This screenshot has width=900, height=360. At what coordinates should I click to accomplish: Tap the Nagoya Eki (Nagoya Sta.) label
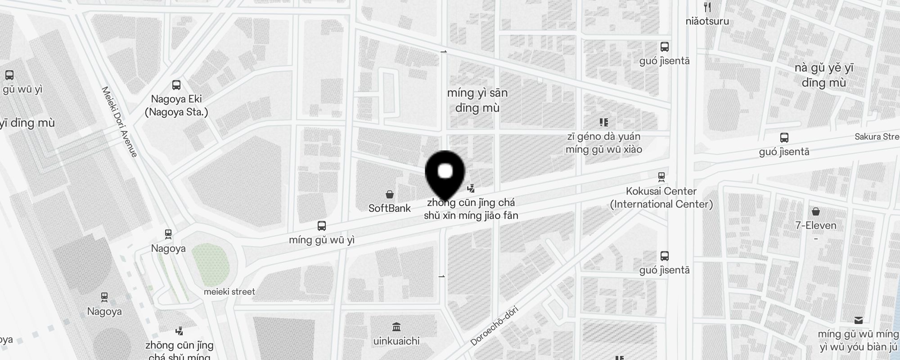[x=176, y=105]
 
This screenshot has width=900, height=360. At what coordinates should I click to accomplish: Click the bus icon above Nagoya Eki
[x=176, y=85]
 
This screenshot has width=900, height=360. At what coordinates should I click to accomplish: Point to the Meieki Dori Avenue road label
[x=119, y=122]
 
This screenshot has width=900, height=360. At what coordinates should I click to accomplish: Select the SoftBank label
[x=390, y=208]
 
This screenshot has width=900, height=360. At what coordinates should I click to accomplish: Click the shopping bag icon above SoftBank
[x=390, y=194]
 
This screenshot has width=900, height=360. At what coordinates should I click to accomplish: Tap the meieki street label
[x=229, y=292]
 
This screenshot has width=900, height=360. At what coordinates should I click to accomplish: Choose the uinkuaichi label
[x=396, y=341]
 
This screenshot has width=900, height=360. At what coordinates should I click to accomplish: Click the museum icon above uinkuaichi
[x=396, y=326]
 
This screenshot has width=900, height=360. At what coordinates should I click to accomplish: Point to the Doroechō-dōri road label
[x=494, y=326]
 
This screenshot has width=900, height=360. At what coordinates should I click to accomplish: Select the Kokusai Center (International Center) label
[x=661, y=198]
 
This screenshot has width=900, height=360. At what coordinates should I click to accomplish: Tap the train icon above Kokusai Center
[x=661, y=177]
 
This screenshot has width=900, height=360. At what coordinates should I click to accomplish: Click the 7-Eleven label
[x=816, y=225]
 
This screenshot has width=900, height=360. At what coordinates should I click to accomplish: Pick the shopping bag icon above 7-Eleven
[x=816, y=211]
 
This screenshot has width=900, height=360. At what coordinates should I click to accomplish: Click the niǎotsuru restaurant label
[x=707, y=21]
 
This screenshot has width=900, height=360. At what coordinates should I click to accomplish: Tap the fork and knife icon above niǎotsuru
[x=707, y=7]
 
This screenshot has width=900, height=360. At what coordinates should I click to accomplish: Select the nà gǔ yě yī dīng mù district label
[x=824, y=75]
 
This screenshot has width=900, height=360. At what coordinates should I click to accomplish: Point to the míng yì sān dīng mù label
[x=477, y=100]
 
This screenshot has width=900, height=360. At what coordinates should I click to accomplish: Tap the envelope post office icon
[x=859, y=320]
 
